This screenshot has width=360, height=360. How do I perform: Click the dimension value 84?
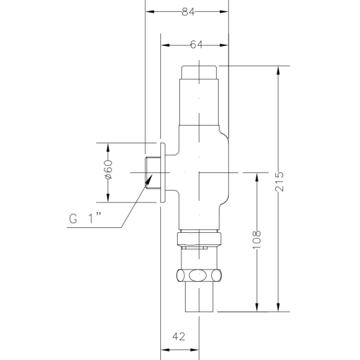188,11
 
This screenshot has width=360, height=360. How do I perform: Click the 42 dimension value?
179,335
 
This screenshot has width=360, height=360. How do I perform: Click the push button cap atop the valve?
202,71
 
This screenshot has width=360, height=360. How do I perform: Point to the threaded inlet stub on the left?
150,172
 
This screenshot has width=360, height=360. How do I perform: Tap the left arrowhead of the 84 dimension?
149,11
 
